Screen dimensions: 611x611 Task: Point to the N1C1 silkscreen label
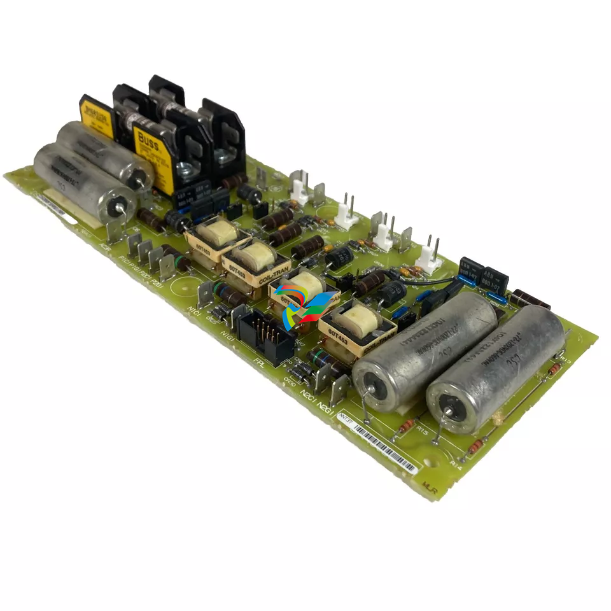pos(193,311)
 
